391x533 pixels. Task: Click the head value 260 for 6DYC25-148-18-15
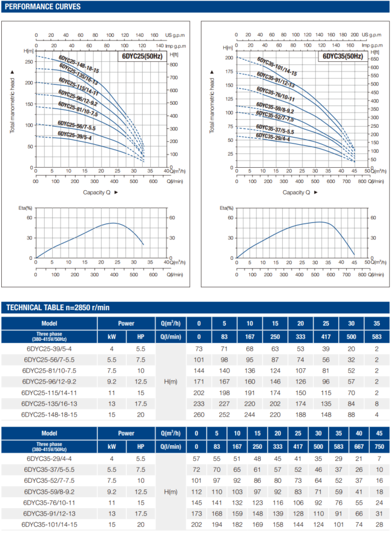[197, 415]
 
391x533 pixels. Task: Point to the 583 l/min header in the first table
[376, 336]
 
